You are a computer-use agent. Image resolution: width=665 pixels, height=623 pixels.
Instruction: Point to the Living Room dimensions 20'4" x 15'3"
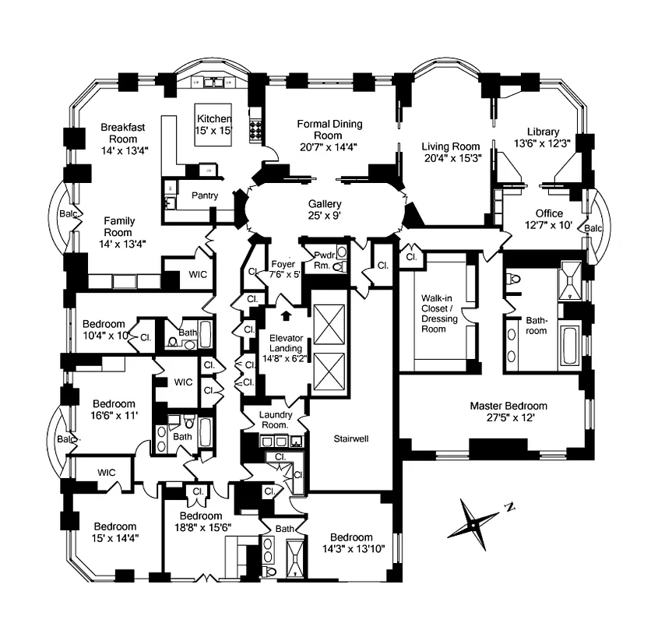point(452,157)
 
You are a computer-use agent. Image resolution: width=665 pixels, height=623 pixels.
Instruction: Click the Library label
point(543,132)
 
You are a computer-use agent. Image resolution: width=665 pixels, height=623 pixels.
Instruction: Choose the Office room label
point(548,213)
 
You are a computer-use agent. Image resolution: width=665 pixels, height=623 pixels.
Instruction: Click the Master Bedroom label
point(508,406)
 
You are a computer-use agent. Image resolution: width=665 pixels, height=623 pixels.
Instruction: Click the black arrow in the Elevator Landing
point(287,316)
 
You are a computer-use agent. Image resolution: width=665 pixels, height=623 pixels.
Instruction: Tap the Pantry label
point(204,195)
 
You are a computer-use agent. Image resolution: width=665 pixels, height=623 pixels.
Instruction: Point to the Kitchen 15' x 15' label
point(214,125)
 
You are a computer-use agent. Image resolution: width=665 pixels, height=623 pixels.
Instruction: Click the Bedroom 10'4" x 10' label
point(104,330)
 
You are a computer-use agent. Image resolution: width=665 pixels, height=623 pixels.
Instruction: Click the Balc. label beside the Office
point(593,228)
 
